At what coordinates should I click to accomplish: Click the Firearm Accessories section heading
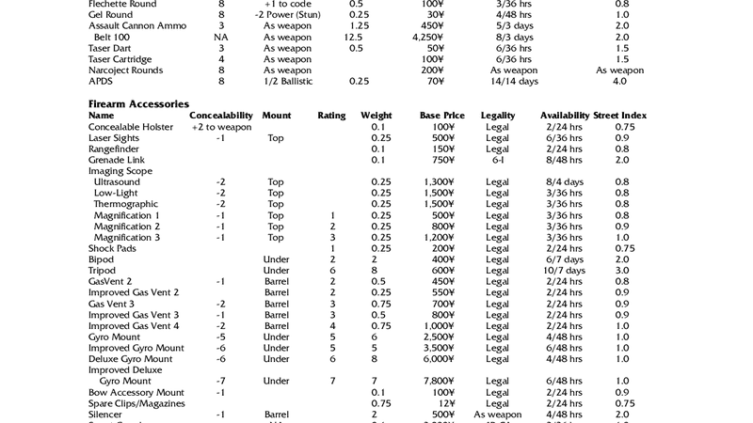click(x=138, y=103)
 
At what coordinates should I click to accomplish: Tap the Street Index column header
click(x=620, y=116)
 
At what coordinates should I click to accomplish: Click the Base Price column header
click(x=441, y=116)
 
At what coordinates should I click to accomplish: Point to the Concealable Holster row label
click(x=136, y=127)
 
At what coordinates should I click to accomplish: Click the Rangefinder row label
click(x=114, y=149)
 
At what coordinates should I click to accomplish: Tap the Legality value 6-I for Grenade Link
click(x=497, y=160)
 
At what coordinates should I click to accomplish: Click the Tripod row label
click(x=102, y=271)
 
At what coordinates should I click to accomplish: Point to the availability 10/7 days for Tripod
click(x=564, y=271)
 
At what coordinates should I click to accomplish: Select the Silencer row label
click(x=105, y=415)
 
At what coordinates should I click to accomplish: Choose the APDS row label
click(x=101, y=82)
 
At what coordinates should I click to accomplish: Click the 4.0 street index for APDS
click(x=619, y=82)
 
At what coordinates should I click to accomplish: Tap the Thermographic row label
click(x=125, y=204)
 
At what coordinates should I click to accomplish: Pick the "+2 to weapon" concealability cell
click(x=221, y=127)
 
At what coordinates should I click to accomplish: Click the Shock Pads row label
click(x=112, y=248)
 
